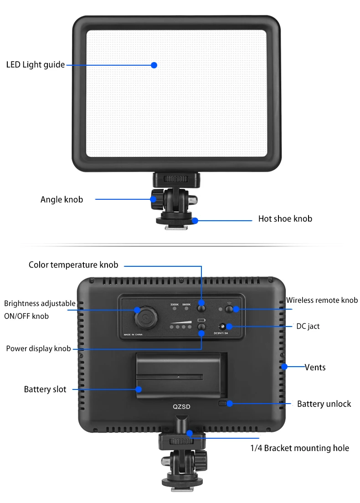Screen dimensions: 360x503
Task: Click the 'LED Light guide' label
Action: (x=36, y=65)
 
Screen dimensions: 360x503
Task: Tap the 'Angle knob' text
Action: (x=62, y=200)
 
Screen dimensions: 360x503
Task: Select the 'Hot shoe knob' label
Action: (x=285, y=219)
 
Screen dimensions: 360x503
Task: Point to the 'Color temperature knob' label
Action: (x=73, y=264)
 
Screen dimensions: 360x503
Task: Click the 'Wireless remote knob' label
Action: (x=322, y=300)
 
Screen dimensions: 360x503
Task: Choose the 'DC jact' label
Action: (x=308, y=326)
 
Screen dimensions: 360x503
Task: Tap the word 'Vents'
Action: (x=315, y=367)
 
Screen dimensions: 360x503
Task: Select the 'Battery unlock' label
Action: (x=324, y=404)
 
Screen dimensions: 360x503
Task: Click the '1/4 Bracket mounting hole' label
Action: (x=299, y=448)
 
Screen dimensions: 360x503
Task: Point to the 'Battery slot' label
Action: (x=45, y=389)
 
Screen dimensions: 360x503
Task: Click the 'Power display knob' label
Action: (x=38, y=349)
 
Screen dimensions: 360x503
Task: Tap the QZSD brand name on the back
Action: (x=181, y=407)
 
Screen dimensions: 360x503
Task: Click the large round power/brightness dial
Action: (x=146, y=318)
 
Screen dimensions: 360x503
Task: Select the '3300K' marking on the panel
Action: (x=175, y=305)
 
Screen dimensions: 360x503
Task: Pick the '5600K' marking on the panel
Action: (x=186, y=305)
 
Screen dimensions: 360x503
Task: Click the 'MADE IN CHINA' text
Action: (x=133, y=335)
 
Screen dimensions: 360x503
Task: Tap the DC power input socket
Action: (x=222, y=327)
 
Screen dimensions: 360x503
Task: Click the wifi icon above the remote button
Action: (x=229, y=303)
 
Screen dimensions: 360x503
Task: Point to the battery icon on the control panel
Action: (x=201, y=320)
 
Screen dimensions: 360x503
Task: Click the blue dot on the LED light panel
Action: (x=154, y=65)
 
